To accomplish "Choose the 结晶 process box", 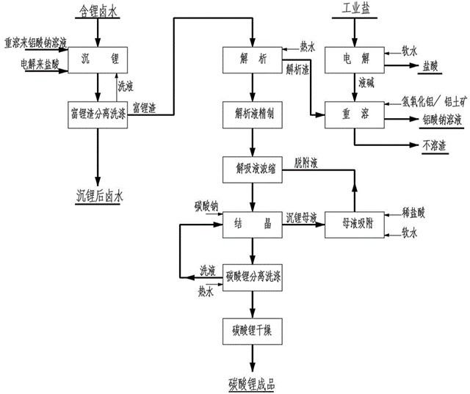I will coord(252,225).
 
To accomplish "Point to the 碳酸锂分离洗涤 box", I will coord(252,277).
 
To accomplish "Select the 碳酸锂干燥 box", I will coord(252,330).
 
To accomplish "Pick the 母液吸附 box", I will coord(354,225).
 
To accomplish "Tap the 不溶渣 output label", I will coord(435,145).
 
